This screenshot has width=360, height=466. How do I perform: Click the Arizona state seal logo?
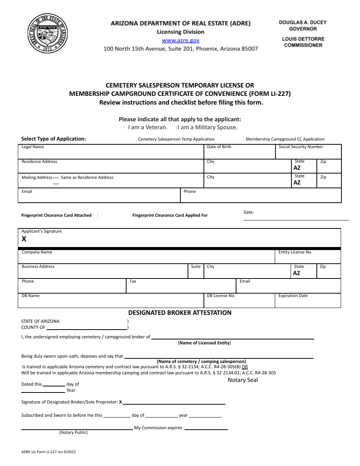[x=48, y=34]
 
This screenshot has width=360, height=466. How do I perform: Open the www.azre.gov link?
[x=180, y=41]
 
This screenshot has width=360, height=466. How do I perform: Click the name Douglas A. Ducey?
[x=302, y=22]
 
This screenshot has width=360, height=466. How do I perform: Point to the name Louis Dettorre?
[x=303, y=39]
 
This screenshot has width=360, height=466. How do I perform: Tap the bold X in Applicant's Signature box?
[x=24, y=239]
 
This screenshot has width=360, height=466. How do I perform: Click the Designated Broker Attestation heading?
[x=180, y=313]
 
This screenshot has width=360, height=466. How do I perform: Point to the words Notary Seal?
[x=243, y=380]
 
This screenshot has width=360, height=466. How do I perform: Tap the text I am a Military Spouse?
[x=207, y=127]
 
